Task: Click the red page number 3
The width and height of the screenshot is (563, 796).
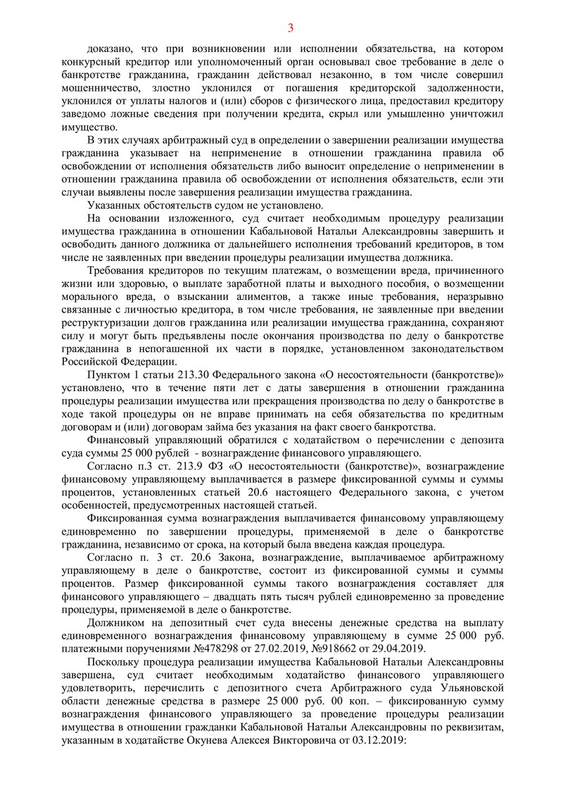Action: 290,28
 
